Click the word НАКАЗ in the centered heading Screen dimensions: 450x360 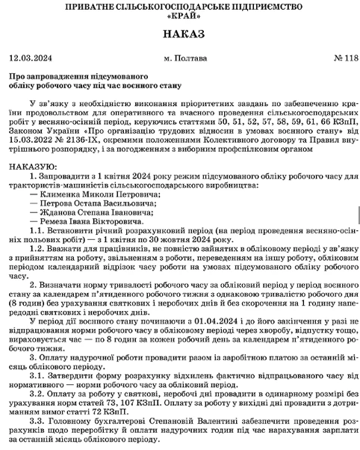(x=180, y=35)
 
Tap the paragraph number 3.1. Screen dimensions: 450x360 (x=37, y=376)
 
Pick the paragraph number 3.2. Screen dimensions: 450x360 (x=37, y=395)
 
